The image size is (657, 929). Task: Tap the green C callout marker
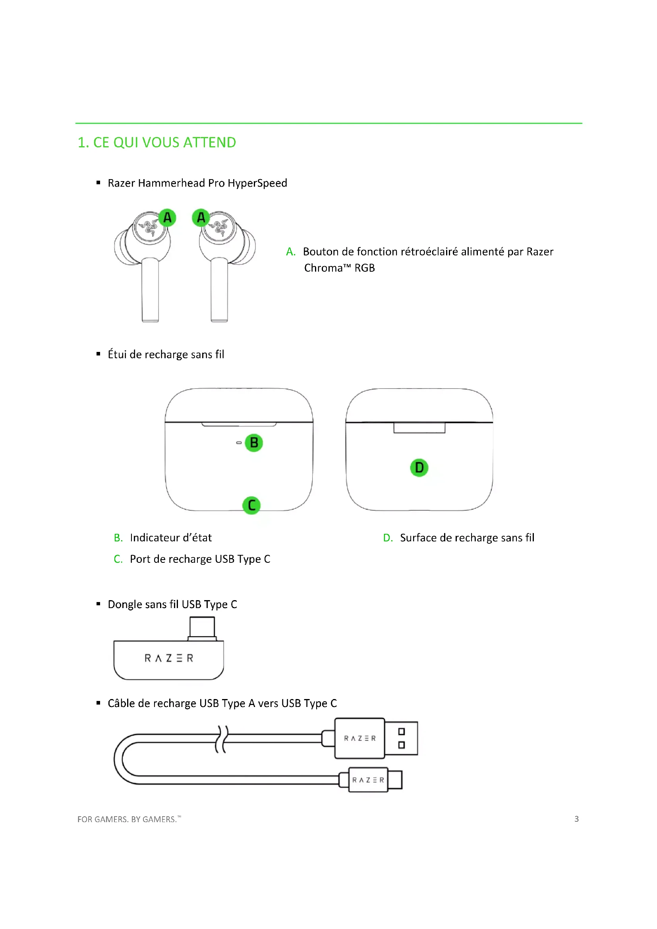pyautogui.click(x=251, y=505)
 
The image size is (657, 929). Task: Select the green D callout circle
pyautogui.click(x=419, y=468)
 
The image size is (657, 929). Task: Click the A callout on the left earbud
pyautogui.click(x=167, y=218)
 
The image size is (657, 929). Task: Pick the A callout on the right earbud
pyautogui.click(x=201, y=218)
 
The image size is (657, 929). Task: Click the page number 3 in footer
pyautogui.click(x=576, y=819)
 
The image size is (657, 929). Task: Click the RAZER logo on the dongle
pyautogui.click(x=169, y=658)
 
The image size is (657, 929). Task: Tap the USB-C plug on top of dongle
pyautogui.click(x=202, y=628)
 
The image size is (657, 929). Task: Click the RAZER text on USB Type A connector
pyautogui.click(x=359, y=738)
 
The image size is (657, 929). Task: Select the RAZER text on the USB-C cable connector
pyautogui.click(x=368, y=780)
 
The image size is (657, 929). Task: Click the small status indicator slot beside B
pyautogui.click(x=239, y=442)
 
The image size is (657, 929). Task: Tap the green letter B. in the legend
pyautogui.click(x=118, y=538)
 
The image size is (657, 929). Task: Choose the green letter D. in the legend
pyautogui.click(x=388, y=538)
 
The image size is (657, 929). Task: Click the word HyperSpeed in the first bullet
pyautogui.click(x=257, y=183)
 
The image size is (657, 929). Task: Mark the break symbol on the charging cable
pyautogui.click(x=222, y=739)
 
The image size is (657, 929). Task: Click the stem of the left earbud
pyautogui.click(x=150, y=289)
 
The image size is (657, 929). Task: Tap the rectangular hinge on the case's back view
pyautogui.click(x=419, y=428)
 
